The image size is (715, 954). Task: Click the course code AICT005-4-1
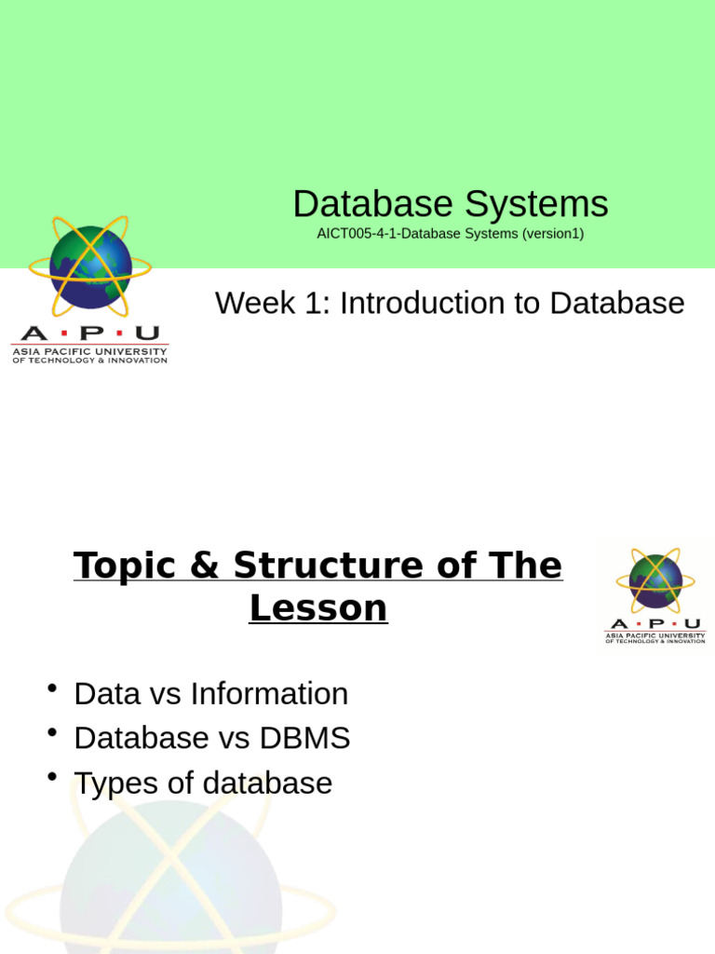354,234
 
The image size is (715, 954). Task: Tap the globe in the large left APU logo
89,267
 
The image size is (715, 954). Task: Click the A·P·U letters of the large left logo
89,334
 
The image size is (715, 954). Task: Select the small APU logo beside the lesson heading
655,596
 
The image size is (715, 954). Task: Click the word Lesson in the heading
318,608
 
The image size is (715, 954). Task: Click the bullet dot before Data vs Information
52,688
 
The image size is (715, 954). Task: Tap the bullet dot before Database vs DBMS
52,733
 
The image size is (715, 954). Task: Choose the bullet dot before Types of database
52,777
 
